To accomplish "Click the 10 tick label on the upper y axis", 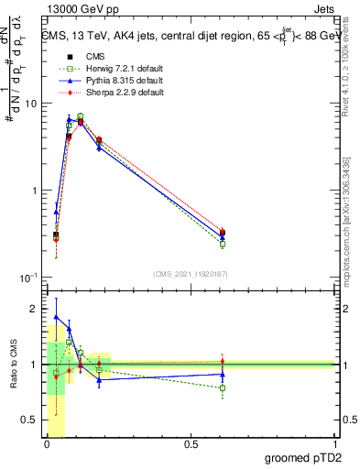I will click(30, 104).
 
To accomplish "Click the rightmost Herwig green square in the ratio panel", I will click(223, 387).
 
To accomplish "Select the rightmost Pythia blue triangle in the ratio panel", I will click(223, 374).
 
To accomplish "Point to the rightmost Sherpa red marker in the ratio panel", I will click(223, 361).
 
